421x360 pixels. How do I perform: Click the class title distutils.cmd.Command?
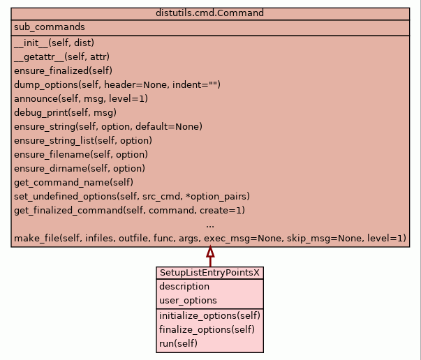[x=210, y=13]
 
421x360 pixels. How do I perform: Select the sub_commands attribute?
[x=49, y=27]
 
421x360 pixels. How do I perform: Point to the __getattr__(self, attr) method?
[x=61, y=57]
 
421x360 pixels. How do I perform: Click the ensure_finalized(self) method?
[x=63, y=70]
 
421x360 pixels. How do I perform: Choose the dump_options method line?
[x=117, y=84]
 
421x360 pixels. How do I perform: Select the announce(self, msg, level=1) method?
[x=81, y=98]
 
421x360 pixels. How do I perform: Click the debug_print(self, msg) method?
[x=65, y=112]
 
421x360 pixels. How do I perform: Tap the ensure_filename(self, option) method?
[x=81, y=154]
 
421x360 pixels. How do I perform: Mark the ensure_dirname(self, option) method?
[x=80, y=168]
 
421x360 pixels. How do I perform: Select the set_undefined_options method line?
[x=132, y=196]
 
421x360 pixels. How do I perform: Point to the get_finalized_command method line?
[x=129, y=210]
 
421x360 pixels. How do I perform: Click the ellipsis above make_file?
[x=210, y=224]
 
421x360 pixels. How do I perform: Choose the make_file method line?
[x=209, y=239]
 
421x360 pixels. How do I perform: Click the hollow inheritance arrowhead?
[x=210, y=252]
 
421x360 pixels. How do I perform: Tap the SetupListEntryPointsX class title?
[x=209, y=273]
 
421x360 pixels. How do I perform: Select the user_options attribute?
[x=188, y=301]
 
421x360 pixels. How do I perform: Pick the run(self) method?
[x=179, y=343]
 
